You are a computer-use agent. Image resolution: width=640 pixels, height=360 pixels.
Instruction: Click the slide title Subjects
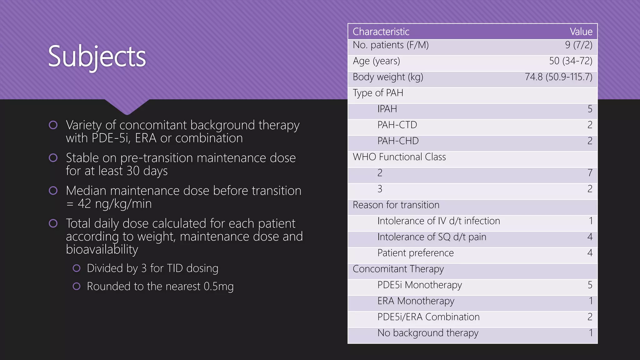pyautogui.click(x=97, y=57)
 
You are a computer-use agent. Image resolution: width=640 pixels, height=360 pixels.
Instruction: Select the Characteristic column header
pyautogui.click(x=381, y=32)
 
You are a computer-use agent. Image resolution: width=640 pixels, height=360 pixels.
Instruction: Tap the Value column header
pyautogui.click(x=581, y=32)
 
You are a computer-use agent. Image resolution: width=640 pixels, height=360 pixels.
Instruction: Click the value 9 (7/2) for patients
pyautogui.click(x=578, y=45)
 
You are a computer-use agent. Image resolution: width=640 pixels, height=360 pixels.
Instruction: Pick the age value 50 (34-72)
pyautogui.click(x=571, y=61)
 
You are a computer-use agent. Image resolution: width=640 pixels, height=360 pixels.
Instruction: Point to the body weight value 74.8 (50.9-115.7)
pyautogui.click(x=558, y=77)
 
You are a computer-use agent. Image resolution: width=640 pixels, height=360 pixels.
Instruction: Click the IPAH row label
pyautogui.click(x=387, y=109)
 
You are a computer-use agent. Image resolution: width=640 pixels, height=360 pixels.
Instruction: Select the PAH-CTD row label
pyautogui.click(x=397, y=125)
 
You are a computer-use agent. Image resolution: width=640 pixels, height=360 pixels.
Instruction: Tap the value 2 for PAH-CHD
pyautogui.click(x=590, y=141)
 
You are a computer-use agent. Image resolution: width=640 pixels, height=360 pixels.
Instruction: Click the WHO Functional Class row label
pyautogui.click(x=399, y=157)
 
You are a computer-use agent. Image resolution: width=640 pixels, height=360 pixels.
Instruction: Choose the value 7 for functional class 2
pyautogui.click(x=590, y=173)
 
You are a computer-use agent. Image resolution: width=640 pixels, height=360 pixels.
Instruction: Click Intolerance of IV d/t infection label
pyautogui.click(x=438, y=221)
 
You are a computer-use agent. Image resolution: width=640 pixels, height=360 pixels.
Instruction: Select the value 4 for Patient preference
pyautogui.click(x=590, y=253)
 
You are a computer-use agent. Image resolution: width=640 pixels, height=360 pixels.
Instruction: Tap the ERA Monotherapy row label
pyautogui.click(x=416, y=301)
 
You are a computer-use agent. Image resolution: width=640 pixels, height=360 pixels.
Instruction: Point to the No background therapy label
pyautogui.click(x=427, y=333)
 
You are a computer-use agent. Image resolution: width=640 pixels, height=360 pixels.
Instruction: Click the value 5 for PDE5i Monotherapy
pyautogui.click(x=590, y=285)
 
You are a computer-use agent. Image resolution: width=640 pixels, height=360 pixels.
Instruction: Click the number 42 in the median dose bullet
pyautogui.click(x=84, y=204)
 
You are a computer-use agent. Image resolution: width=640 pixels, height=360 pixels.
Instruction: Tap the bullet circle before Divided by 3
pyautogui.click(x=77, y=268)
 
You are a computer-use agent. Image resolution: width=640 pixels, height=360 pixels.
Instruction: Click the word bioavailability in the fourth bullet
pyautogui.click(x=102, y=249)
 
